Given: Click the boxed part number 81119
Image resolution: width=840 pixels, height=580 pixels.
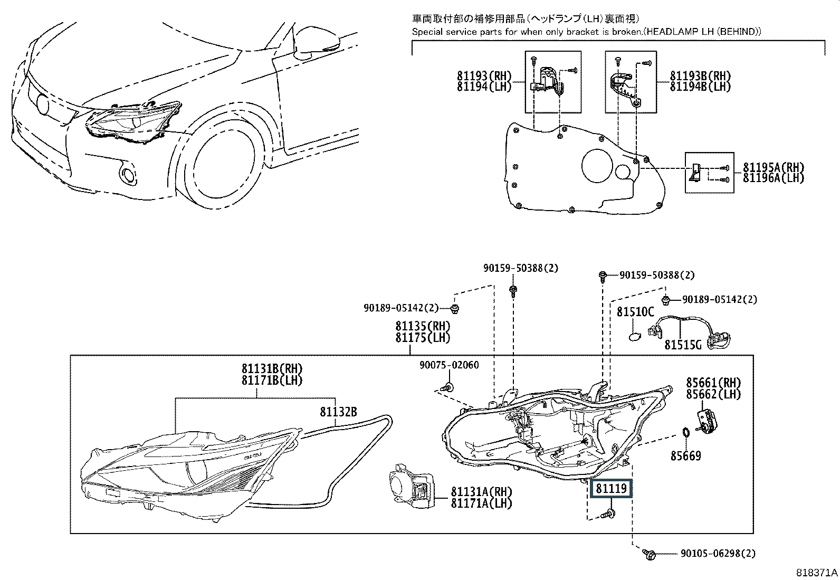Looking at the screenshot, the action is tap(611, 489).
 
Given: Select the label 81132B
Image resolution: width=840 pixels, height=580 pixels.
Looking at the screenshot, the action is tap(338, 412).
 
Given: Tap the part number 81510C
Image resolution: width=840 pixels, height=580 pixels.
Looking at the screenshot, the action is tap(635, 312).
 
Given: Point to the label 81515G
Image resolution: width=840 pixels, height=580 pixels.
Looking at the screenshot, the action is tap(683, 345).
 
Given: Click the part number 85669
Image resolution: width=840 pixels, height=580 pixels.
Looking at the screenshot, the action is tap(685, 456).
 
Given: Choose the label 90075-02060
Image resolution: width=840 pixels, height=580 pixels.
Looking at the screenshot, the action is tap(449, 365).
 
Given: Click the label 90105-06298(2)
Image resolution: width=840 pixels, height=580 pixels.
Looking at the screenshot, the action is tap(718, 554).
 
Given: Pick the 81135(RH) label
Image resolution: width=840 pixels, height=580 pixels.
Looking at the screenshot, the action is tap(423, 326).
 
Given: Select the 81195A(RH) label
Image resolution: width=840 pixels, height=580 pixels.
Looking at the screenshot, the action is tap(774, 167).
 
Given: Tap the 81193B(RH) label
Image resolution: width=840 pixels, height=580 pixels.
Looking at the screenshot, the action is tap(701, 76).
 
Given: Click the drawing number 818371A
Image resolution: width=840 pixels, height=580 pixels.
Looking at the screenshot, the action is tap(817, 573).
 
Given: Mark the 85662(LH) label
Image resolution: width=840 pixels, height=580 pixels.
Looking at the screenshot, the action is tap(713, 394).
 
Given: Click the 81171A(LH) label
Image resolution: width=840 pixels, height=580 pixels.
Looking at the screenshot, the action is tap(482, 503).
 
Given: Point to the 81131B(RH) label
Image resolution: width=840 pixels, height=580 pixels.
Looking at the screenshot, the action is tap(272, 369).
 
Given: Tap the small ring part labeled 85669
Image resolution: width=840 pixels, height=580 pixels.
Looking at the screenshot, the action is tap(685, 432).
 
